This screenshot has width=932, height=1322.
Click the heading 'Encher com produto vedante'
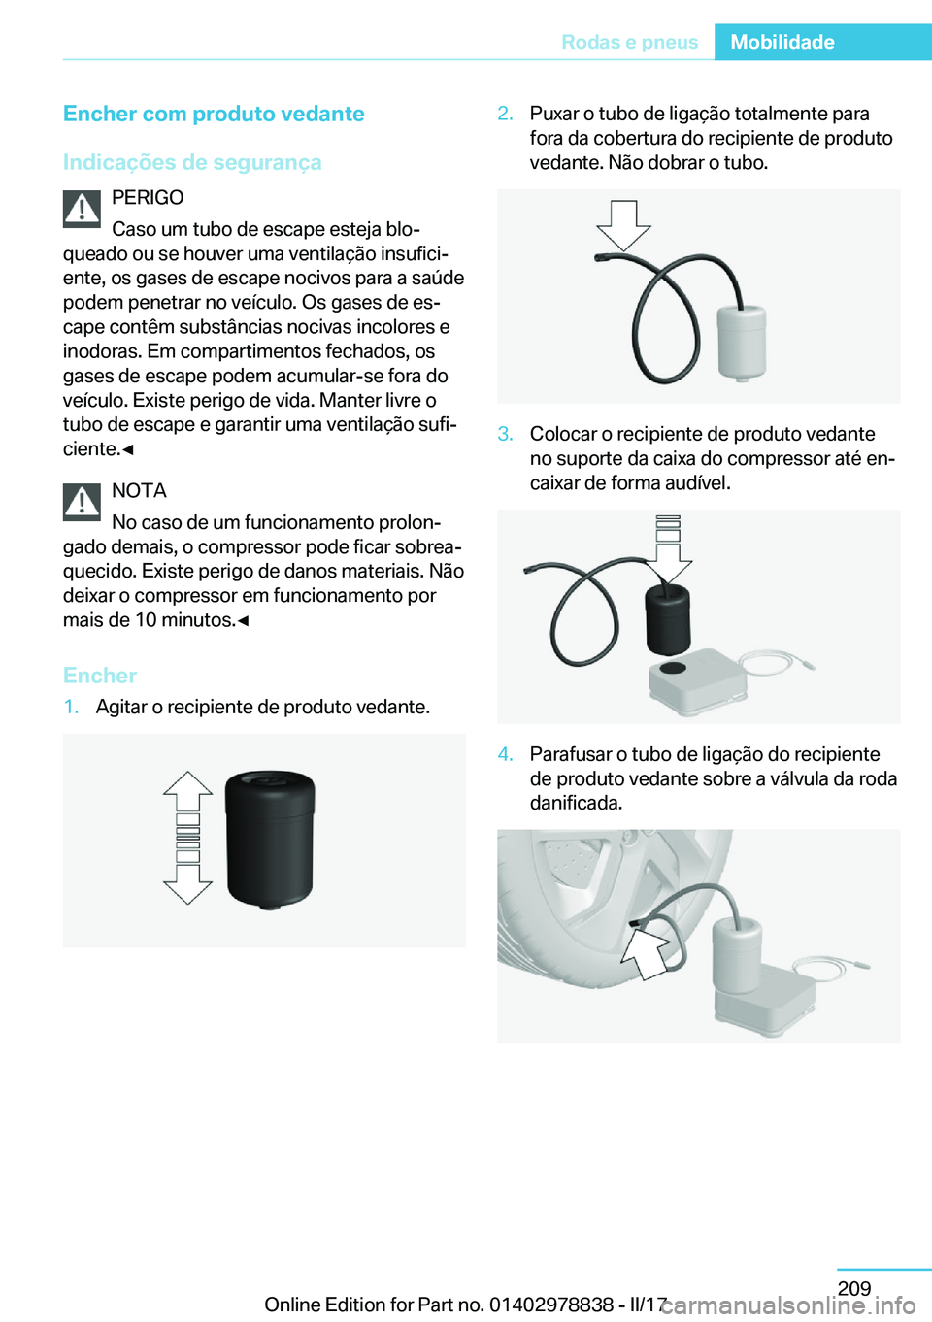[x=214, y=114]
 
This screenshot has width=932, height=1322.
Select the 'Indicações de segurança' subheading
[x=192, y=162]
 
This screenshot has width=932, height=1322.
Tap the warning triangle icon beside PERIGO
[x=83, y=209]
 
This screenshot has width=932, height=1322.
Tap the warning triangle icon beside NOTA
[x=83, y=502]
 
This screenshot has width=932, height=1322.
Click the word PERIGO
[x=148, y=198]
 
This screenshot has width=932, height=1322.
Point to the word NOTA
[x=139, y=491]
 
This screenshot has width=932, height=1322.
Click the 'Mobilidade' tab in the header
[x=782, y=42]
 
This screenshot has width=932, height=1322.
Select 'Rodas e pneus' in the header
[x=629, y=42]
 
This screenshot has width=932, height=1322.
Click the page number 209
[x=854, y=1288]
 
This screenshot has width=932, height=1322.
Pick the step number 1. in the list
[x=71, y=707]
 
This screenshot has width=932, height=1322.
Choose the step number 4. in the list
[x=505, y=754]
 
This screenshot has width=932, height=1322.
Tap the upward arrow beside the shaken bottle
[x=188, y=791]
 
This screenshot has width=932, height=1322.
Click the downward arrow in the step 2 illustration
[x=623, y=224]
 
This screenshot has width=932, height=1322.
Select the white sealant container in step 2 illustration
[x=742, y=342]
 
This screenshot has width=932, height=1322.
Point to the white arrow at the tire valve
[x=646, y=952]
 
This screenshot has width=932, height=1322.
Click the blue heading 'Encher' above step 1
[x=100, y=676]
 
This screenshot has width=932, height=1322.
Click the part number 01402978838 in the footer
[x=550, y=1305]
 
